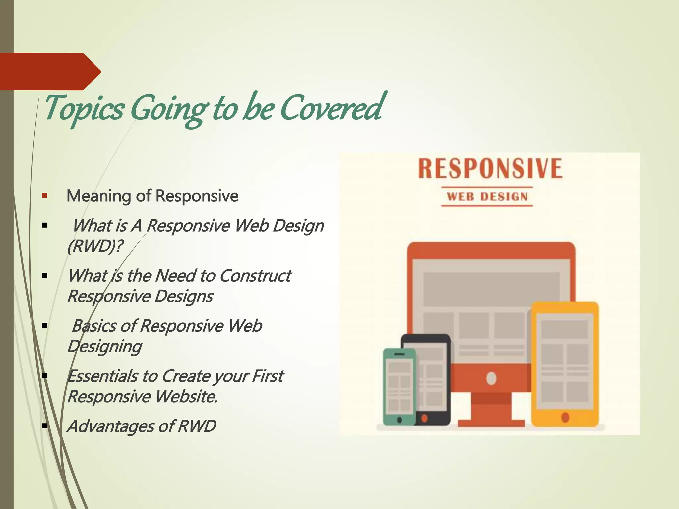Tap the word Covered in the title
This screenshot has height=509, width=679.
click(332, 108)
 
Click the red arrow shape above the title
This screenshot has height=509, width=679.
click(50, 71)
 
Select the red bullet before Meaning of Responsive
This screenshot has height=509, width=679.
click(45, 196)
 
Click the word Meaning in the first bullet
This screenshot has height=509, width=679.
click(99, 196)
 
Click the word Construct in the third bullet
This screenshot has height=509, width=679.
click(255, 276)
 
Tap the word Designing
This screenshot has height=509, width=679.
click(104, 347)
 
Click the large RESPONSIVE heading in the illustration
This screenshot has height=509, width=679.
click(490, 169)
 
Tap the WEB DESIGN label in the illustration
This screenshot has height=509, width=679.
click(487, 197)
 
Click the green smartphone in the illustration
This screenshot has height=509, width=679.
click(399, 386)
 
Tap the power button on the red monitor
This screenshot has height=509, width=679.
click(491, 378)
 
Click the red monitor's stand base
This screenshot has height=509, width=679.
click(491, 423)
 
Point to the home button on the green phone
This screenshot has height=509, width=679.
click(399, 420)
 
